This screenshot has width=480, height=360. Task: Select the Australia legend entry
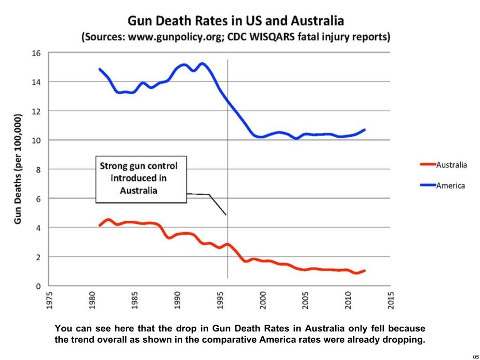[451, 165]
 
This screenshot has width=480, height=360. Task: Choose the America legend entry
[450, 185]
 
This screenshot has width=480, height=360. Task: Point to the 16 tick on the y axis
[36, 53]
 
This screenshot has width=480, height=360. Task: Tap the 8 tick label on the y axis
[38, 169]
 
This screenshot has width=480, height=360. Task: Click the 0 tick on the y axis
[38, 286]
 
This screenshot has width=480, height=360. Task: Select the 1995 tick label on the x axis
[221, 300]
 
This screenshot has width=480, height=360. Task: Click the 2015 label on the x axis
[393, 300]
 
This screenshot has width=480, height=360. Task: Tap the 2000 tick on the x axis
[264, 300]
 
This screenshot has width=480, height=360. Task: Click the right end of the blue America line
[365, 130]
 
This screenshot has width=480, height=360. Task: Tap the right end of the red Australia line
[365, 271]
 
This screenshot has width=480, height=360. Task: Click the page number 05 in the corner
[474, 355]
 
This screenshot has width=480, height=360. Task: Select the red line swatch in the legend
[427, 165]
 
